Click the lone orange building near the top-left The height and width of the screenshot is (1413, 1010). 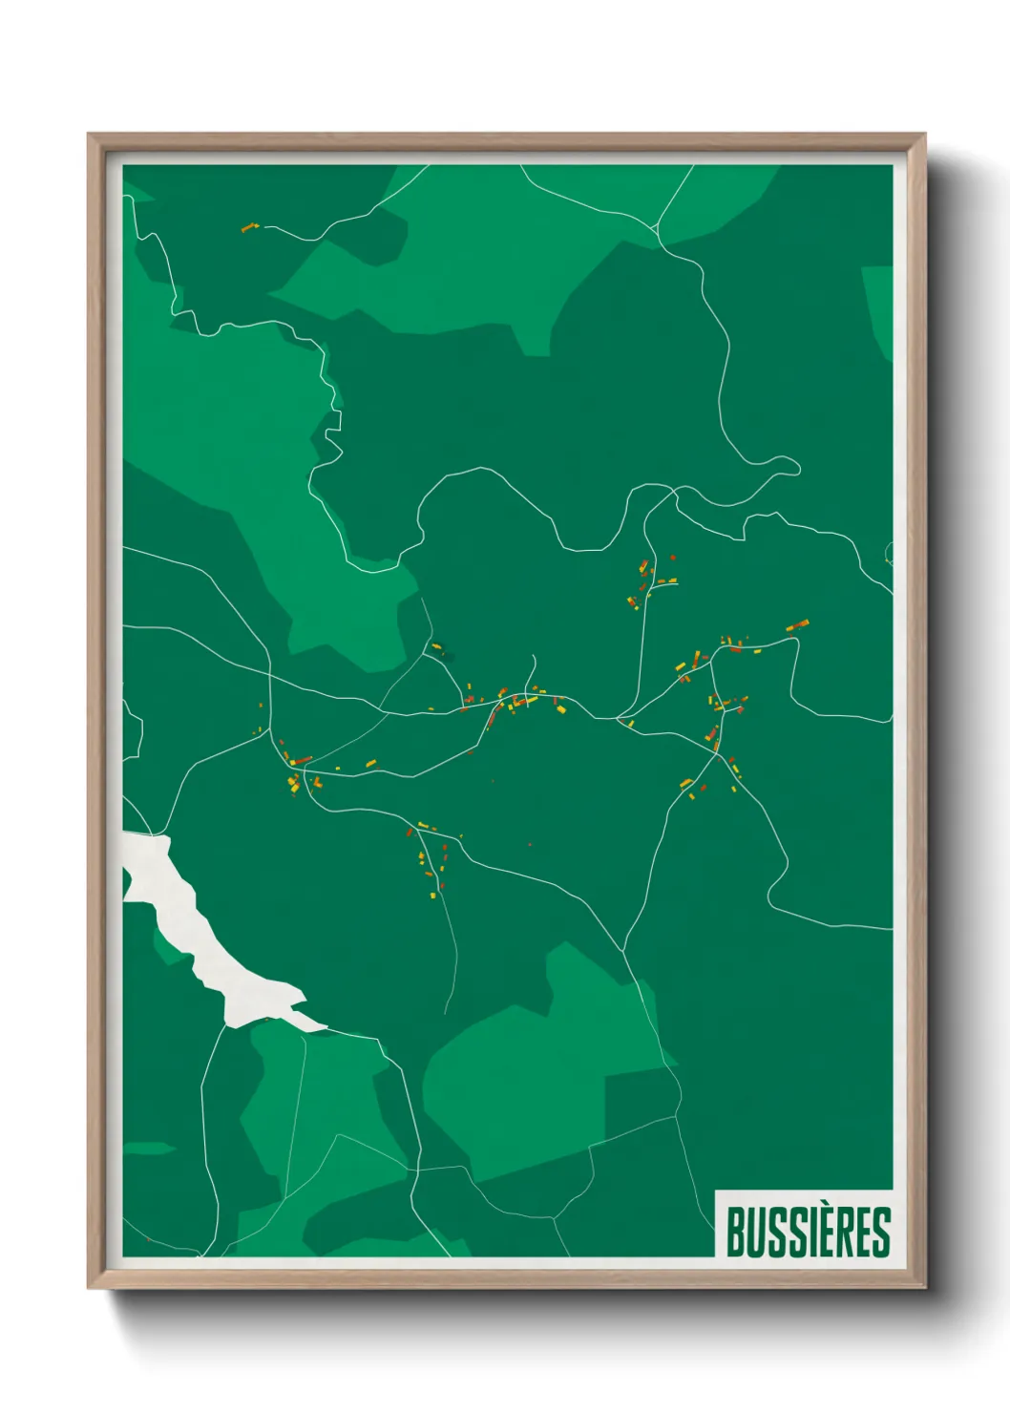tap(250, 228)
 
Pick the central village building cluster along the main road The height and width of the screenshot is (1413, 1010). tap(516, 702)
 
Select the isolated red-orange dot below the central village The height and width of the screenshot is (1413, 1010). tap(530, 844)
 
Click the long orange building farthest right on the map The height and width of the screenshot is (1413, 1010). tap(797, 625)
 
